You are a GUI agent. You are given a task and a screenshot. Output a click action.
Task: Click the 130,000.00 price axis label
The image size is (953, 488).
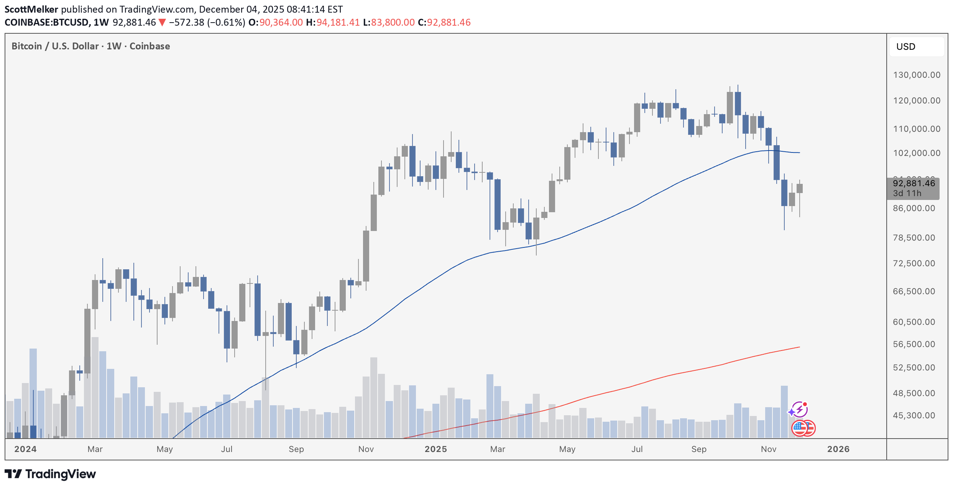tap(917, 75)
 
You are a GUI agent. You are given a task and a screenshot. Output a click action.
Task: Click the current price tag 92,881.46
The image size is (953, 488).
tap(914, 183)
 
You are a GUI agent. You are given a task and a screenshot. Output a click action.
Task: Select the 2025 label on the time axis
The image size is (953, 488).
tap(435, 449)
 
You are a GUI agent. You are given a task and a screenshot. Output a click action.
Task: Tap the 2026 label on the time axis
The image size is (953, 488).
tap(838, 449)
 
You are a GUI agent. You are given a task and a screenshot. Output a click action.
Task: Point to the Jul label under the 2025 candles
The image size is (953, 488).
tap(637, 449)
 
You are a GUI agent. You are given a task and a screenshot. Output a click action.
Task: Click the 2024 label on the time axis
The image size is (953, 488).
tap(25, 449)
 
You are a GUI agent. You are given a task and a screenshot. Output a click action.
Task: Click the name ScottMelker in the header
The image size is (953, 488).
tap(31, 9)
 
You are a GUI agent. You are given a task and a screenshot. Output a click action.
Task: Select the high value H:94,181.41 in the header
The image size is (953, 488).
tap(333, 22)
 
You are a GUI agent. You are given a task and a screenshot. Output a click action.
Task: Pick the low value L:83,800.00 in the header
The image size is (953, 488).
tap(389, 22)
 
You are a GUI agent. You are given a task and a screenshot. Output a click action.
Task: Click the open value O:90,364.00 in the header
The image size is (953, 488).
tap(275, 22)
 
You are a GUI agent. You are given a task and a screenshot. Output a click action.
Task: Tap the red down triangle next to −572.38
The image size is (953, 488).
tap(162, 23)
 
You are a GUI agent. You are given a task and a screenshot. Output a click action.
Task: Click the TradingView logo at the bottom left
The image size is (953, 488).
tap(50, 474)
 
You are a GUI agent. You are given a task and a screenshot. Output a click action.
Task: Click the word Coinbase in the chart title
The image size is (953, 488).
tap(150, 46)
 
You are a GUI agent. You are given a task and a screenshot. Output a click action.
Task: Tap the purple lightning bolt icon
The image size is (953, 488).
tap(799, 409)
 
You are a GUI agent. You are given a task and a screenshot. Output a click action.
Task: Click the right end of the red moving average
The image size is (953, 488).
tap(799, 347)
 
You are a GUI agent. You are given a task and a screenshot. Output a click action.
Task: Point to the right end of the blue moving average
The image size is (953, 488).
tap(799, 152)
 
